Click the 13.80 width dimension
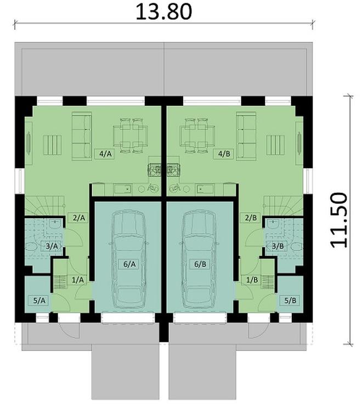pos(164,11)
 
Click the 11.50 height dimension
pos(340,220)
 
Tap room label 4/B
pos(224,154)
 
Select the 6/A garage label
pos(129,264)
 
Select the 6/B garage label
pos(200,264)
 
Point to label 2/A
pos(79,218)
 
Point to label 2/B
pos(252,218)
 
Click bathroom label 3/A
pos(52,246)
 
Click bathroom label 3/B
pos(279,246)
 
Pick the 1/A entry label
pos(78,280)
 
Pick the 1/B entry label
pos(252,280)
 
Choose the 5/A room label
pos(40,300)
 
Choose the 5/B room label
pos(290,300)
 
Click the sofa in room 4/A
pos(82,136)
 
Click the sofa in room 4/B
pos(246,136)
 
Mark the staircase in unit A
pos(41,208)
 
